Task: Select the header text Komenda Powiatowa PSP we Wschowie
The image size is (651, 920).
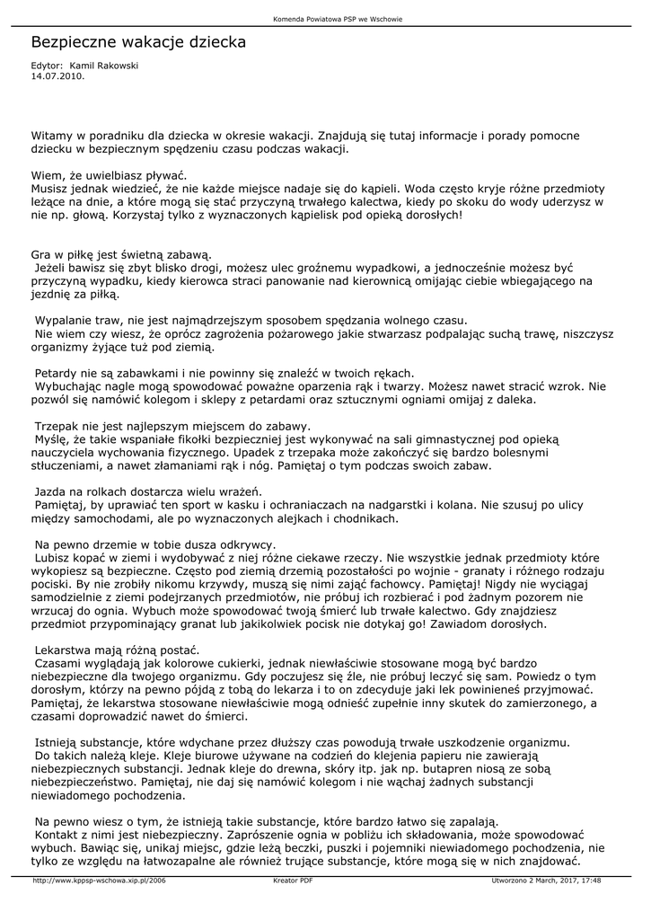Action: (x=325, y=19)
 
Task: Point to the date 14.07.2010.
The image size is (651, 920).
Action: (x=57, y=76)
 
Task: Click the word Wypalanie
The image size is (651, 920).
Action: (x=65, y=320)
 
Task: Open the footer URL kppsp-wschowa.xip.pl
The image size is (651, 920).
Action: (x=99, y=880)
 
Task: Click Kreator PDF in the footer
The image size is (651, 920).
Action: (x=293, y=880)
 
